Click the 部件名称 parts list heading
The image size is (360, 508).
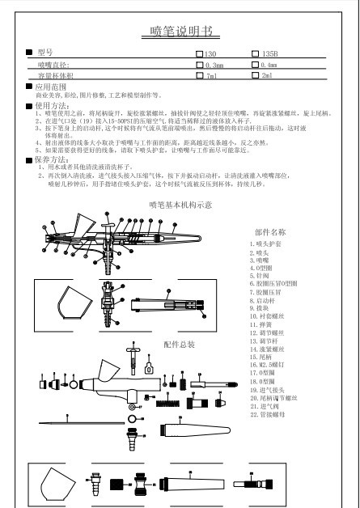point(270,231)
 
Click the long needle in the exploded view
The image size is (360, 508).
point(81,422)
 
